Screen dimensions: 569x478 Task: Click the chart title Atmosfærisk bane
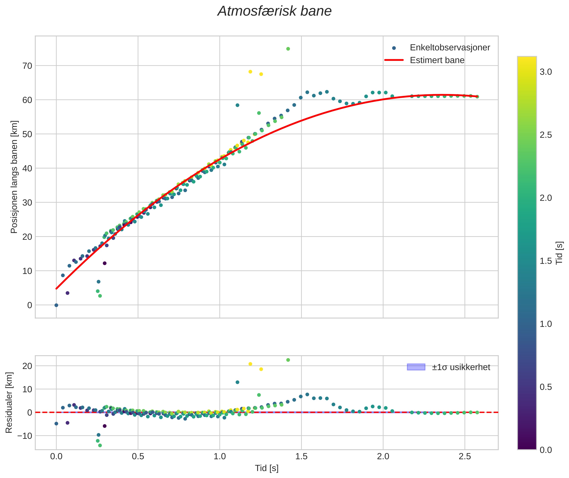[274, 11]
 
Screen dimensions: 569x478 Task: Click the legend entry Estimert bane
[437, 60]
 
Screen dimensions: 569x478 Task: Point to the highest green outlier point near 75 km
[288, 49]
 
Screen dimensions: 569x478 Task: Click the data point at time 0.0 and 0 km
[56, 305]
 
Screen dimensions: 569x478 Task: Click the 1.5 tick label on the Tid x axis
[301, 456]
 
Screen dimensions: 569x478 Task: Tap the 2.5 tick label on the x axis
[465, 456]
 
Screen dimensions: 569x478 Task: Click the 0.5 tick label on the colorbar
[546, 387]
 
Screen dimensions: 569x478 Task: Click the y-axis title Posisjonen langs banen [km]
[14, 177]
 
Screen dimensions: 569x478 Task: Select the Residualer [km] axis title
[9, 403]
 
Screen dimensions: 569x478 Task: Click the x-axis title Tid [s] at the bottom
[267, 468]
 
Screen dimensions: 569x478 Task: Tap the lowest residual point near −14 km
[100, 445]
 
